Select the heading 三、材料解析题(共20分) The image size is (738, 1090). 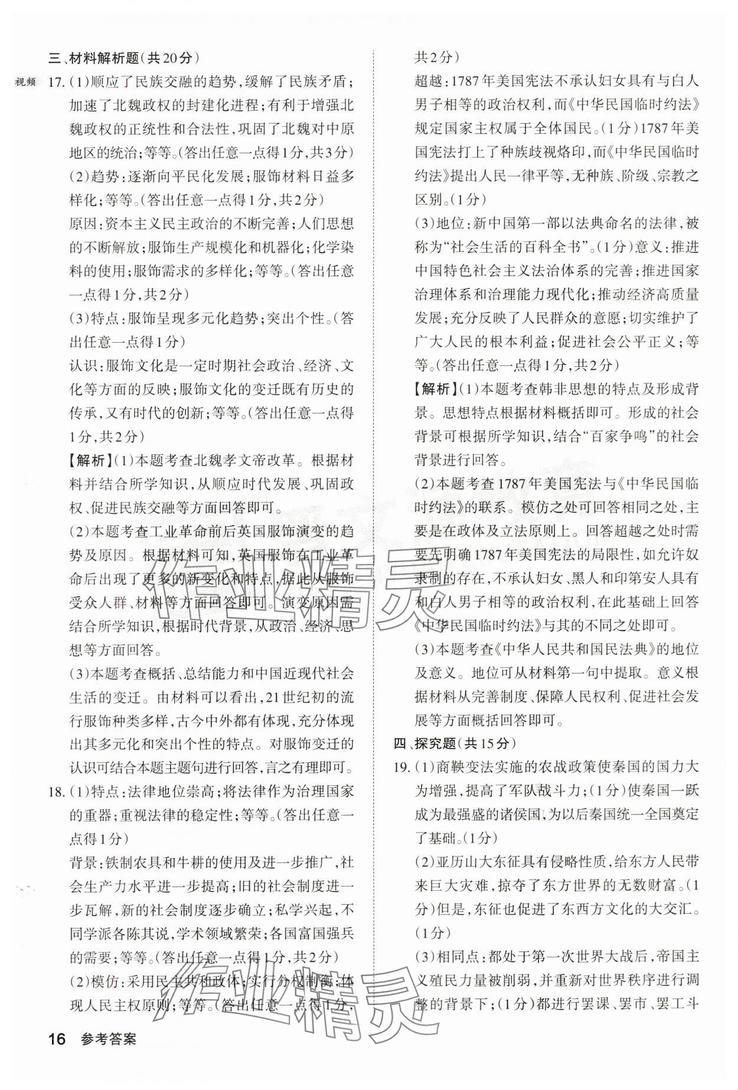tap(124, 58)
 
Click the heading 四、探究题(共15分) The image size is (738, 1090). tap(455, 743)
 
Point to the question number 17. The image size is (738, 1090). tap(56, 82)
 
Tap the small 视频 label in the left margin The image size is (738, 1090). tap(25, 81)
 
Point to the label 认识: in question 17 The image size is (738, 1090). tap(87, 366)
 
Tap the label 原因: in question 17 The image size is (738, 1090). tap(87, 224)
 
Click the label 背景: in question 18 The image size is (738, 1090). tap(87, 862)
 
